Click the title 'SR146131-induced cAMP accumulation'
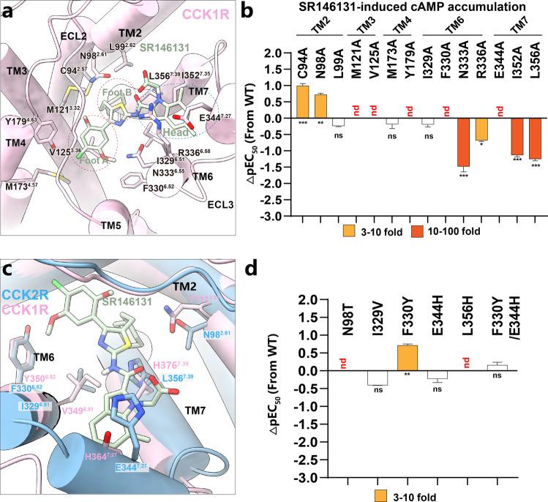(x=412, y=7)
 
